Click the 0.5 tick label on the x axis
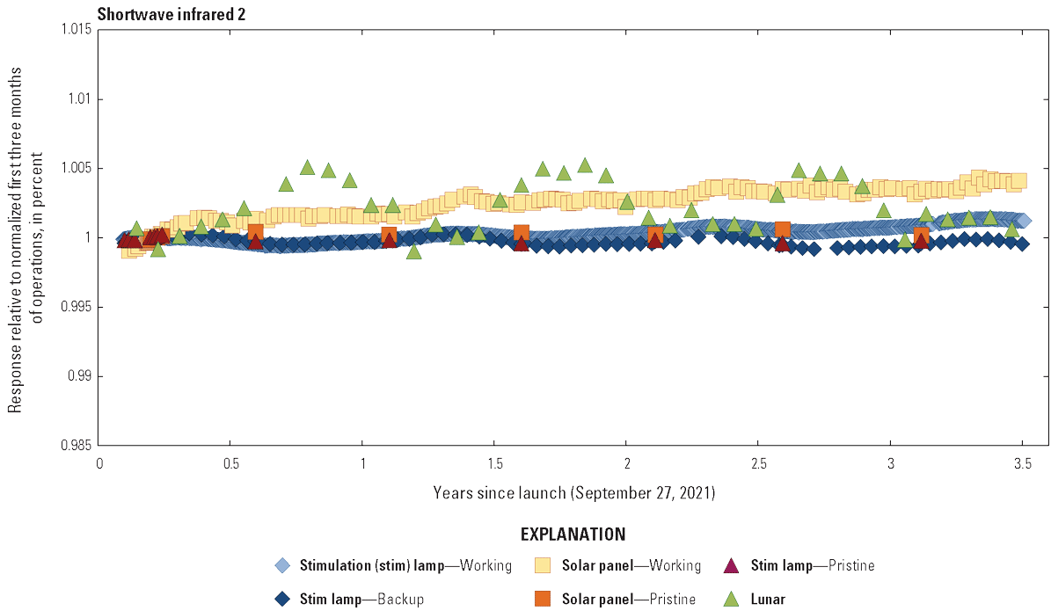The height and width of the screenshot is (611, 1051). coord(230,463)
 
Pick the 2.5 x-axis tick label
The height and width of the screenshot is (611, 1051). coord(758,463)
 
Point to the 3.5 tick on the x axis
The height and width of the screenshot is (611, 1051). coord(1022,463)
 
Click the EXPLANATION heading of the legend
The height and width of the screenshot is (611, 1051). coord(573,535)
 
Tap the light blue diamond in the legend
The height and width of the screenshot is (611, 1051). coord(281,565)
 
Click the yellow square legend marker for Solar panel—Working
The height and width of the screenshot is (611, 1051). coord(544,565)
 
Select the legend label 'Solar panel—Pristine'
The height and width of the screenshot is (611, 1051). coord(629,599)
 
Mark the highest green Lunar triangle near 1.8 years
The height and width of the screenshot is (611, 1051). coord(585,165)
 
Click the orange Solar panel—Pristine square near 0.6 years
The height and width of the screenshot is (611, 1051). coord(255,232)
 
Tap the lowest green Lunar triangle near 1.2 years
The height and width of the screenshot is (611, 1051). coord(413,251)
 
